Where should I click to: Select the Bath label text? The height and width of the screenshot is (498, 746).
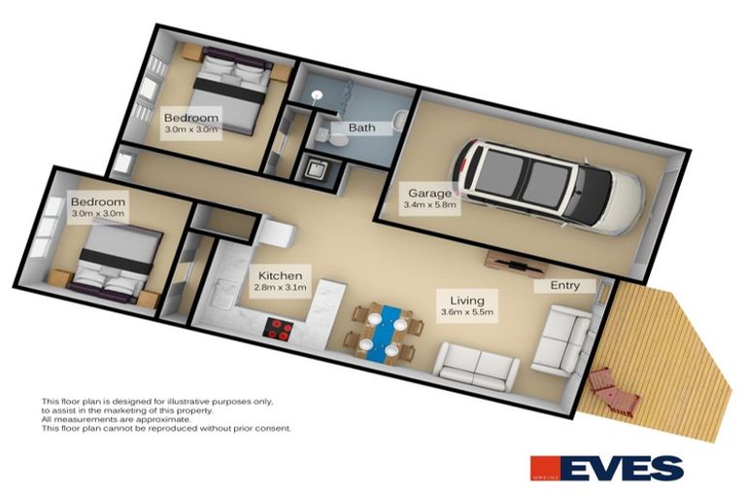361,127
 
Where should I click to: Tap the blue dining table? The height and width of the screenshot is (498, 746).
389,331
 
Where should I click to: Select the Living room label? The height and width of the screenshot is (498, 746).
459,300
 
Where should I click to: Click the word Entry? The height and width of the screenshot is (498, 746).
564,285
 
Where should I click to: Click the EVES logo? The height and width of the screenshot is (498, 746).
606,468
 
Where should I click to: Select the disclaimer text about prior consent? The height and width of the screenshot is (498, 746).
165,428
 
